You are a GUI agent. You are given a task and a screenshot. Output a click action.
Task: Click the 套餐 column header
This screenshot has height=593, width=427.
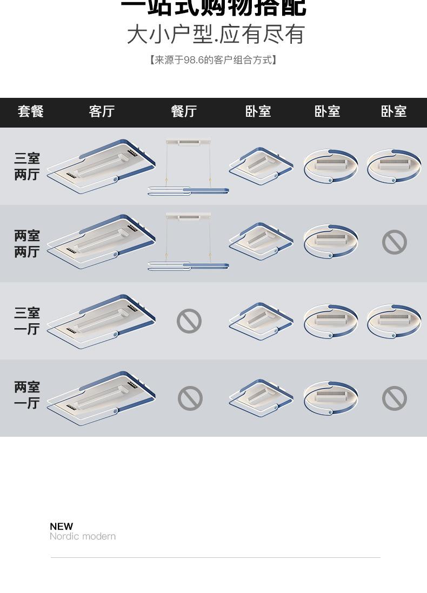[x=30, y=111]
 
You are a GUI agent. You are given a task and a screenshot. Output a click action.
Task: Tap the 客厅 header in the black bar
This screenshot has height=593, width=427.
[x=102, y=111]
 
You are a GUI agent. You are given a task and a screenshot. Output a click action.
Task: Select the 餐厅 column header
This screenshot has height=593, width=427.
[x=183, y=111]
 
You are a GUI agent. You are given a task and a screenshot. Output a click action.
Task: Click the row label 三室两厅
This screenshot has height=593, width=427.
[x=27, y=166]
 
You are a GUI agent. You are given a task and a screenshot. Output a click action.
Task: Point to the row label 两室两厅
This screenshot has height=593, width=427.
[x=27, y=244]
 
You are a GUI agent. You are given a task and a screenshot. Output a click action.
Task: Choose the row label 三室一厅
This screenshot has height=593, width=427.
[x=27, y=321]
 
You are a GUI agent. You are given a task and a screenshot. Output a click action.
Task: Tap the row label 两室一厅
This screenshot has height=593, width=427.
[x=27, y=395]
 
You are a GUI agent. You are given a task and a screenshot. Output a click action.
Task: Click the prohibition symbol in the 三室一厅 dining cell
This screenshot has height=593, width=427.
[x=189, y=321]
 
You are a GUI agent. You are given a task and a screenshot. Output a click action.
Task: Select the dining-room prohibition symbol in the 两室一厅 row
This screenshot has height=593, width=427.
[x=190, y=398]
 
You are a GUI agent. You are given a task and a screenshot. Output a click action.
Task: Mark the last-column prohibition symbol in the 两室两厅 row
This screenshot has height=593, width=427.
[x=395, y=242]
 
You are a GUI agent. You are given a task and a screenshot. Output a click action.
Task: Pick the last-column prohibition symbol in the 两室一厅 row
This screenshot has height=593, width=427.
[x=395, y=398]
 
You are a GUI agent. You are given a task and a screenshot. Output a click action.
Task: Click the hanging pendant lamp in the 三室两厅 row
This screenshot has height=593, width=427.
[x=188, y=168]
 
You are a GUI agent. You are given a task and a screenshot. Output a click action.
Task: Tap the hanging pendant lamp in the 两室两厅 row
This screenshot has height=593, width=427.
[x=188, y=242]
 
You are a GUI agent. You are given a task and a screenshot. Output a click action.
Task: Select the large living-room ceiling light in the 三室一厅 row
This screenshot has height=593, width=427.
[x=101, y=321]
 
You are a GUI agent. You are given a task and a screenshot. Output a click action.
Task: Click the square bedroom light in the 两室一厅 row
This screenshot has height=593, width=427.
[x=261, y=398]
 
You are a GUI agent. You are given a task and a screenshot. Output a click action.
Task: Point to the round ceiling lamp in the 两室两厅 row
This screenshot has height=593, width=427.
[x=330, y=241]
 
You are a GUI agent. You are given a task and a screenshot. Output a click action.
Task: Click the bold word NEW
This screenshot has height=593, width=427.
[x=61, y=527]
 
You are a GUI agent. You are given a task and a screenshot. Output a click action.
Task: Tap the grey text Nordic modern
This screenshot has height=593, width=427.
[x=83, y=536]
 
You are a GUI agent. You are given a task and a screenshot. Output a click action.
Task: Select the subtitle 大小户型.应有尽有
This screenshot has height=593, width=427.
[x=216, y=35]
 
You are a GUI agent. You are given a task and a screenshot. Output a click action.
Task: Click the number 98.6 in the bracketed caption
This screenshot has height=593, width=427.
[x=193, y=60]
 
